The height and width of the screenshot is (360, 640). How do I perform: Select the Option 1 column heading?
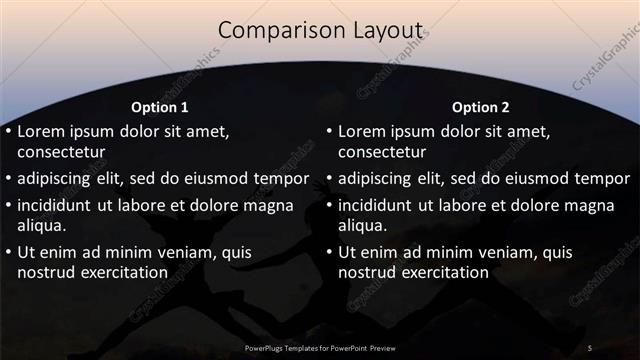160,107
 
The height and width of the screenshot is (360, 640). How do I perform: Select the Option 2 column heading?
480,107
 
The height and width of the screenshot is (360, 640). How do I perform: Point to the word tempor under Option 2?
601,179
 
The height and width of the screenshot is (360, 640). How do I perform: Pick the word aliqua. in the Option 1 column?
41,225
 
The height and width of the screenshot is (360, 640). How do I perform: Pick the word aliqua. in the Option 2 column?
361,225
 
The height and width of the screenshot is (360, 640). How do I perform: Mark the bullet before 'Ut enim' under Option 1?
8,251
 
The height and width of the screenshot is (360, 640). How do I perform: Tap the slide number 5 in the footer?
590,347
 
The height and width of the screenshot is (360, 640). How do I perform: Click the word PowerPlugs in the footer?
267,348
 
